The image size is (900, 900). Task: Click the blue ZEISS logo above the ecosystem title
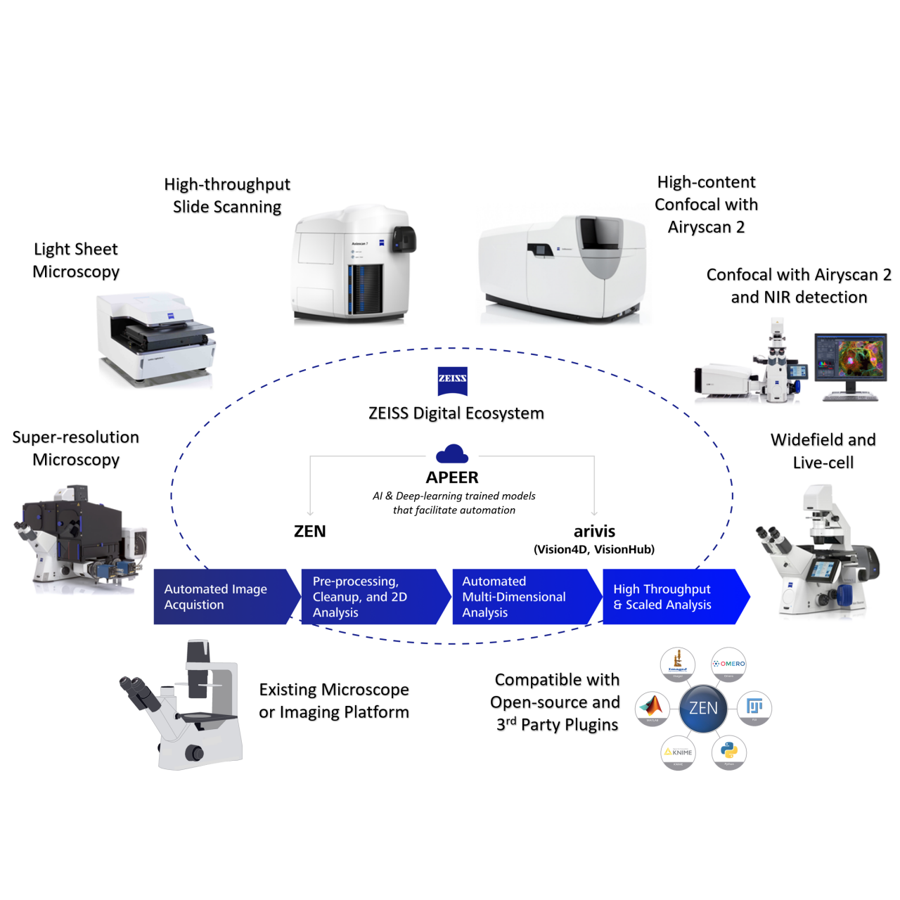(452, 380)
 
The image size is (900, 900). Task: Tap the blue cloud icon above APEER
(452, 454)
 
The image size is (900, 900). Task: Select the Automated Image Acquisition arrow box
(221, 596)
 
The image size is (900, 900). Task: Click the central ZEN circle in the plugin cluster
(703, 708)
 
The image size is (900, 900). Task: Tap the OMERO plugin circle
(728, 664)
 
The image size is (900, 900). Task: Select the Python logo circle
(729, 752)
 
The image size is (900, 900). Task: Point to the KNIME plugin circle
(678, 752)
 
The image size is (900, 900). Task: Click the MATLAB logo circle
(652, 707)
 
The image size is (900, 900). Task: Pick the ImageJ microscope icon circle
(678, 664)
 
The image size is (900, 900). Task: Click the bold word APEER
(452, 477)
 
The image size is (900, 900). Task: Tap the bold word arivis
(594, 531)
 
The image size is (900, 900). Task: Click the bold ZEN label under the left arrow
(309, 531)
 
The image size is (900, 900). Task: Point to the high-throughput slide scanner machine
(352, 264)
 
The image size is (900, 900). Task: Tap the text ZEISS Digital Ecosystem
(456, 413)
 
